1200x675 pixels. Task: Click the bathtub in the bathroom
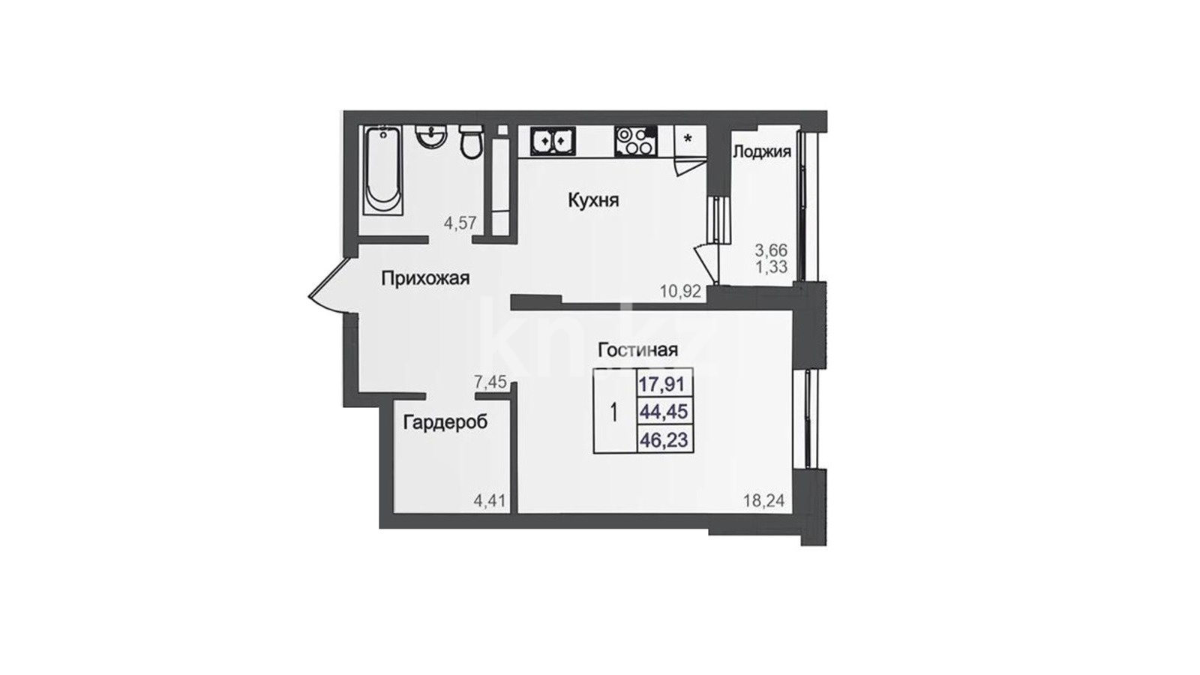coord(382,170)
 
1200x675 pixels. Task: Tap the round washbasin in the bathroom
coord(430,136)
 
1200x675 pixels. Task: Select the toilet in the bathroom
coord(472,142)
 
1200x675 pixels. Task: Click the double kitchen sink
coord(553,142)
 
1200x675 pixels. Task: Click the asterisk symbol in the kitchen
coord(688,139)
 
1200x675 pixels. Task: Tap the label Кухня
coord(593,201)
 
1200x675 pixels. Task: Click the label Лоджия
coord(762,151)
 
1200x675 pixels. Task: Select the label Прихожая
coord(425,278)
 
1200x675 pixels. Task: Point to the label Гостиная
coord(638,349)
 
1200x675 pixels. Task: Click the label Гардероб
coord(445,423)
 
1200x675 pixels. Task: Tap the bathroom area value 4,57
coord(460,223)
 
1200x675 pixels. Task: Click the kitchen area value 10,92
coord(680,292)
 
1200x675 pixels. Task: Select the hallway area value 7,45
coord(490,382)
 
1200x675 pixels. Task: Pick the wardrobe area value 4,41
coord(490,502)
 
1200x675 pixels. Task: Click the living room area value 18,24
coord(764,501)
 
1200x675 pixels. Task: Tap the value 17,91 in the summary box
coord(663,384)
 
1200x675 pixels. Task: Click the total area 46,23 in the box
coord(663,440)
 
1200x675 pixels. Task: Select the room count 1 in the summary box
coord(614,412)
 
